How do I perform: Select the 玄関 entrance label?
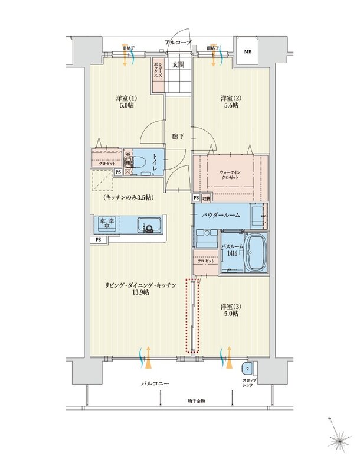point(178,65)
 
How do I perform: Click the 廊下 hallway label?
point(178,136)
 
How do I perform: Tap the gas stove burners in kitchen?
point(107,224)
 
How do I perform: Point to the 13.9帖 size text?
point(140,292)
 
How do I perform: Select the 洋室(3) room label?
point(230,310)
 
